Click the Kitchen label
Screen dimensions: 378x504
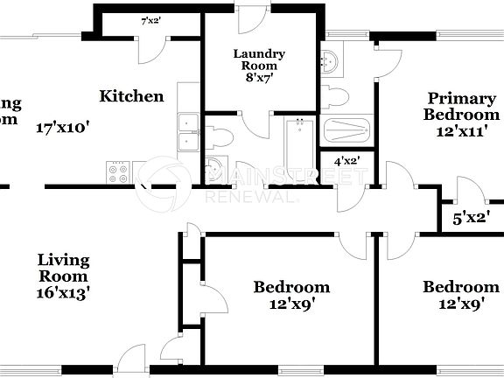(x=131, y=96)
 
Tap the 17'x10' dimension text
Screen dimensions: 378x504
(x=63, y=127)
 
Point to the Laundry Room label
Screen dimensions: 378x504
(x=259, y=59)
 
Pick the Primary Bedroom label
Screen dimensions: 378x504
(x=462, y=107)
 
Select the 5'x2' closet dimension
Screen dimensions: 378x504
(x=471, y=218)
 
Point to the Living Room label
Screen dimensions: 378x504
(x=64, y=268)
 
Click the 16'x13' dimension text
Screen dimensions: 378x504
(x=64, y=292)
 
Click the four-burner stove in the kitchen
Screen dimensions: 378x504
(x=118, y=171)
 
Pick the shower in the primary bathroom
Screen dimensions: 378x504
(x=347, y=130)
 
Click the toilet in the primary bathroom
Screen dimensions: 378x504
(x=338, y=94)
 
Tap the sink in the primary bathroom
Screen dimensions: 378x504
(x=330, y=61)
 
